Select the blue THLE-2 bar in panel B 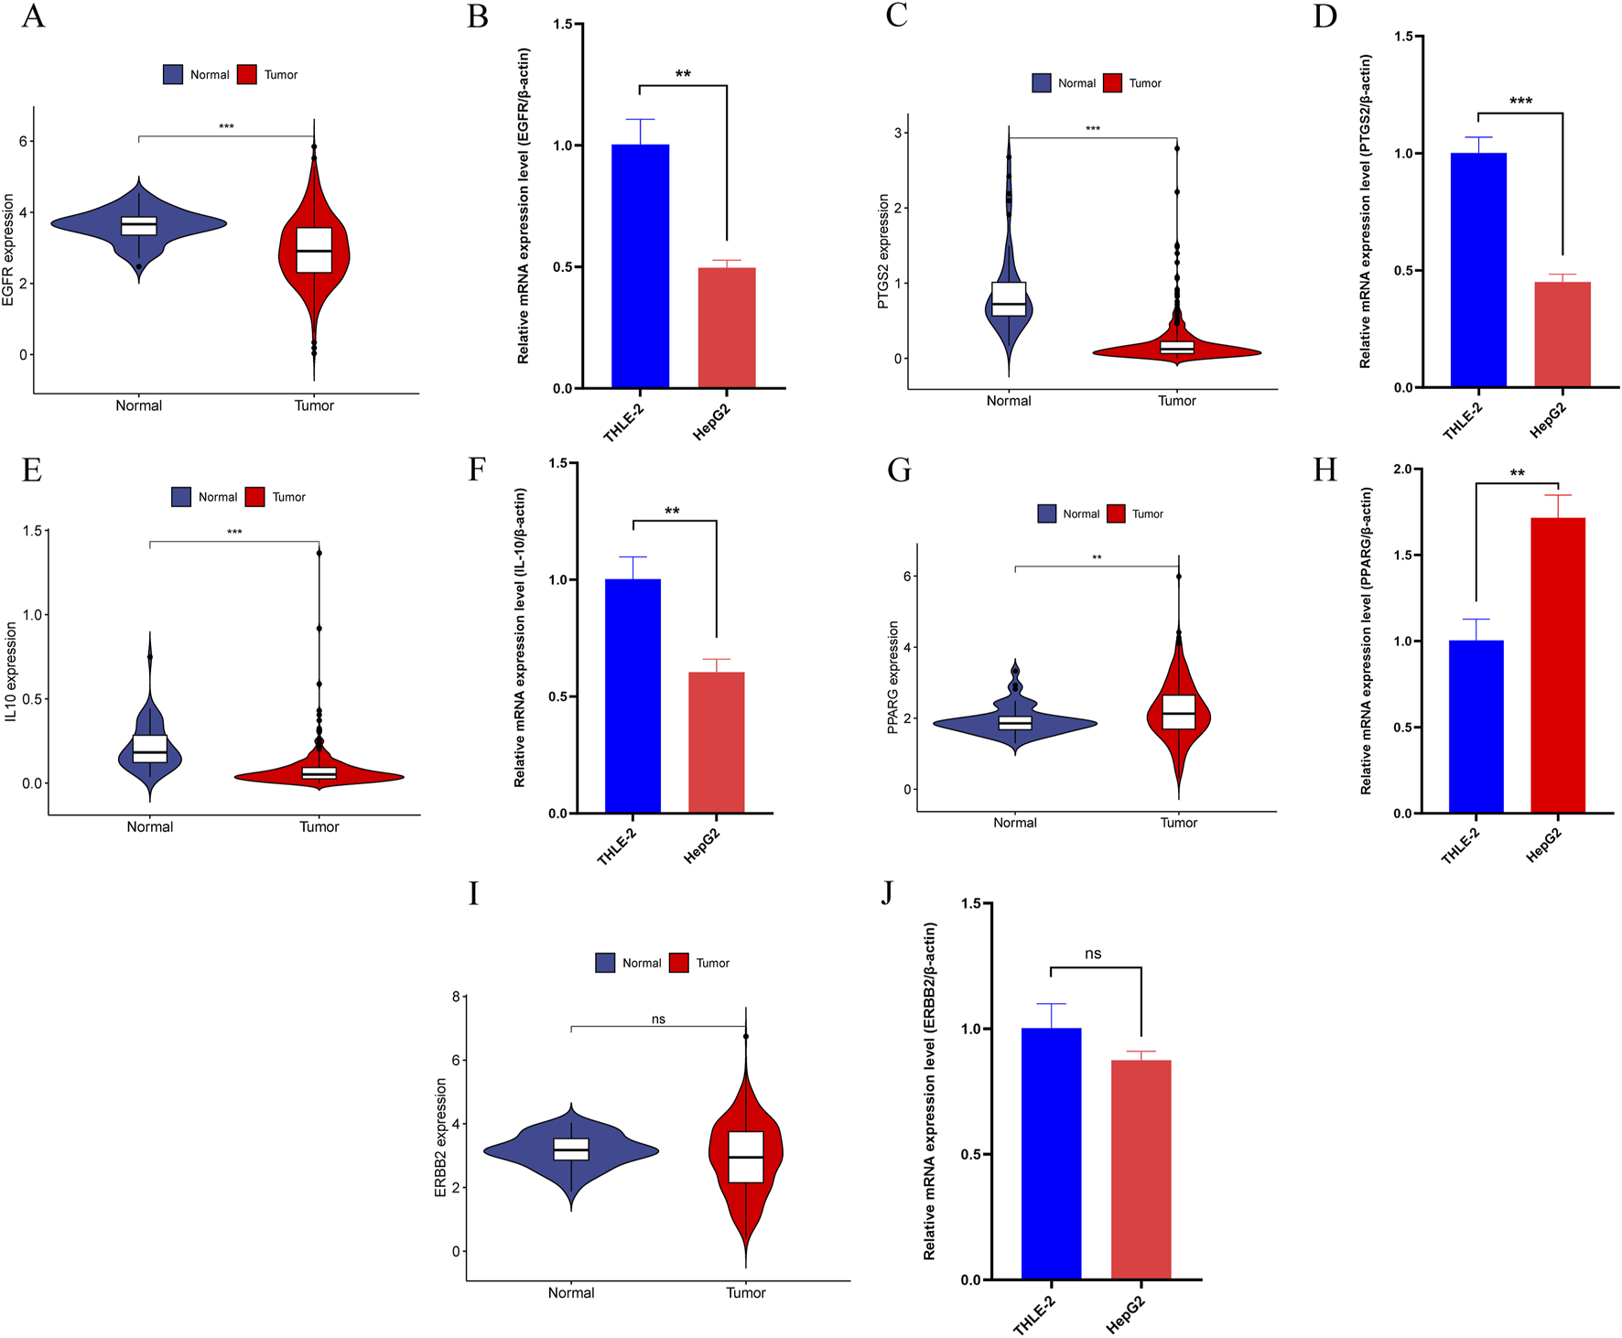coord(640,265)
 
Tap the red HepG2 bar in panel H coord(1558,664)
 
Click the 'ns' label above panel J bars coord(1093,954)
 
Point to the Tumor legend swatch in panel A coord(247,75)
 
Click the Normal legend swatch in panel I coord(605,963)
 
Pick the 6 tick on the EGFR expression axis coord(24,142)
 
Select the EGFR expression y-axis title coord(9,249)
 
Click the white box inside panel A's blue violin coord(139,226)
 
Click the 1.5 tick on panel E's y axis coord(33,531)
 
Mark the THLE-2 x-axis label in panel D coord(1462,421)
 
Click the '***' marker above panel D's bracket coord(1520,101)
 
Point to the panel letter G coord(899,470)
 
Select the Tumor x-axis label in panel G coord(1178,823)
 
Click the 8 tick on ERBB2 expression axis coord(456,996)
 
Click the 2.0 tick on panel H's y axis coord(1401,469)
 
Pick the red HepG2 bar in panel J coord(1141,1169)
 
